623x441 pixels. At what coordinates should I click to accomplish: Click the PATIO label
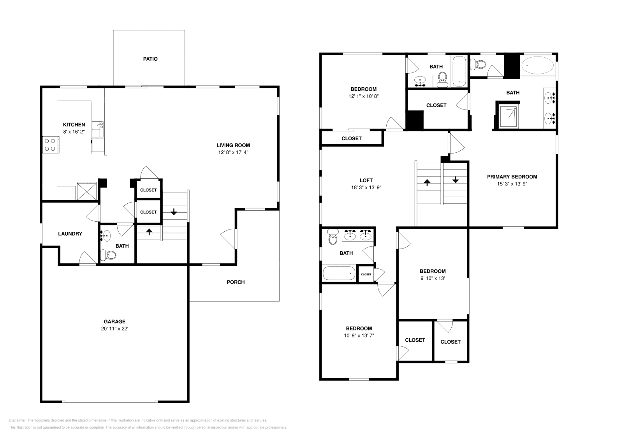pyautogui.click(x=150, y=59)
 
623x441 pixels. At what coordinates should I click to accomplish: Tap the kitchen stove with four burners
pyautogui.click(x=49, y=145)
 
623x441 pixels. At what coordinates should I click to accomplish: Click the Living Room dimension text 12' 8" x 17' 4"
pyautogui.click(x=233, y=152)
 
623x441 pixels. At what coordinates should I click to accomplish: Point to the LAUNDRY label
pyautogui.click(x=70, y=234)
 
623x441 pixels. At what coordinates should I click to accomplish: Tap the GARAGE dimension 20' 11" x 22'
pyautogui.click(x=114, y=328)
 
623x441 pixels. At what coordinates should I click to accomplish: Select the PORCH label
pyautogui.click(x=236, y=282)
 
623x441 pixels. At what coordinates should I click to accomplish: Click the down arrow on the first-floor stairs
pyautogui.click(x=174, y=212)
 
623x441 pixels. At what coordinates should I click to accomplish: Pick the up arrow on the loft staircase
pyautogui.click(x=427, y=182)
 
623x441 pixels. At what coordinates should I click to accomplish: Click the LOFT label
pyautogui.click(x=366, y=180)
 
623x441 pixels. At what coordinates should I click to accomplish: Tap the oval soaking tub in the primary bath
pyautogui.click(x=537, y=65)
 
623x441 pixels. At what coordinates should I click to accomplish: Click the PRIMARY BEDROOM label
pyautogui.click(x=512, y=176)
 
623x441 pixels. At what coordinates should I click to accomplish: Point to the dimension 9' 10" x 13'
pyautogui.click(x=432, y=278)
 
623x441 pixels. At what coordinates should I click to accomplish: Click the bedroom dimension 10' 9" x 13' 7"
pyautogui.click(x=359, y=335)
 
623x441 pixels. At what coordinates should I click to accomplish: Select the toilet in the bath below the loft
pyautogui.click(x=333, y=237)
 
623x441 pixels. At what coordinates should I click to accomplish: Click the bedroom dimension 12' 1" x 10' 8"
pyautogui.click(x=363, y=96)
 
